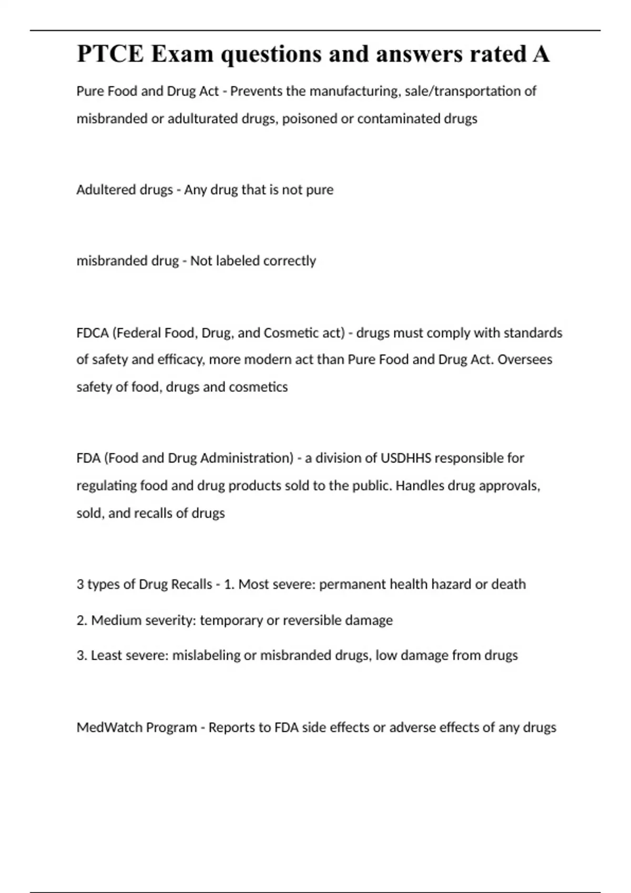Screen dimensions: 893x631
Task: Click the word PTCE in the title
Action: pos(110,54)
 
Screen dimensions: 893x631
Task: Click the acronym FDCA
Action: pos(93,333)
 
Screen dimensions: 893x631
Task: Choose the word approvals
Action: pos(511,485)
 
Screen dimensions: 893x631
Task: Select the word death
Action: pos(508,584)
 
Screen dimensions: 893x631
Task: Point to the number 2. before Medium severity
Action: pos(82,620)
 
